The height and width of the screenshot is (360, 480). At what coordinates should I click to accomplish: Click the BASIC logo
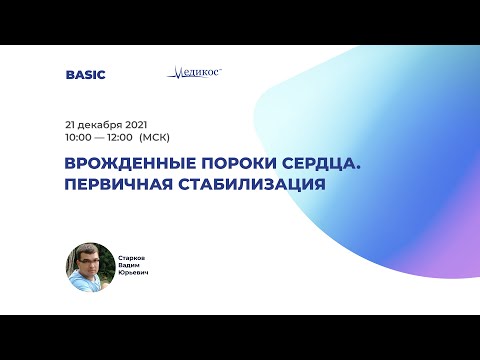(x=85, y=74)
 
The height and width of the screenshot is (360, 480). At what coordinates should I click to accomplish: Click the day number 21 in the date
(x=70, y=122)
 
